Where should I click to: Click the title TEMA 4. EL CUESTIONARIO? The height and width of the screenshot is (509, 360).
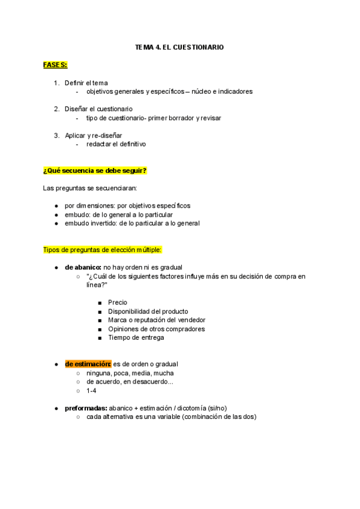coord(179,46)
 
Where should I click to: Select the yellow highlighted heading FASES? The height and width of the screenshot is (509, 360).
coord(55,64)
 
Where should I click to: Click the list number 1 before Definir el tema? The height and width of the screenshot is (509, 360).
coord(56,83)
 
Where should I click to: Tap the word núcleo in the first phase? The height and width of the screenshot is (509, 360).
coord(203,92)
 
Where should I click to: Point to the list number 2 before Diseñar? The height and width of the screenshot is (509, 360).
coord(56,109)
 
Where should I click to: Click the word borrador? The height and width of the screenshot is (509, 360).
coord(178,118)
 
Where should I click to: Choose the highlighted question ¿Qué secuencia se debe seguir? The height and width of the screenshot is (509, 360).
coord(95,171)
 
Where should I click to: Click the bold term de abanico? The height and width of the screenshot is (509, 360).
coord(83,267)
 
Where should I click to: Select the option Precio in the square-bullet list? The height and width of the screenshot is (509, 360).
coord(118,303)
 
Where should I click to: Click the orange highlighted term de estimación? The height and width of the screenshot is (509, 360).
coord(88,364)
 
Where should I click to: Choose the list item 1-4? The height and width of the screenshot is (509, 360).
coord(91,390)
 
